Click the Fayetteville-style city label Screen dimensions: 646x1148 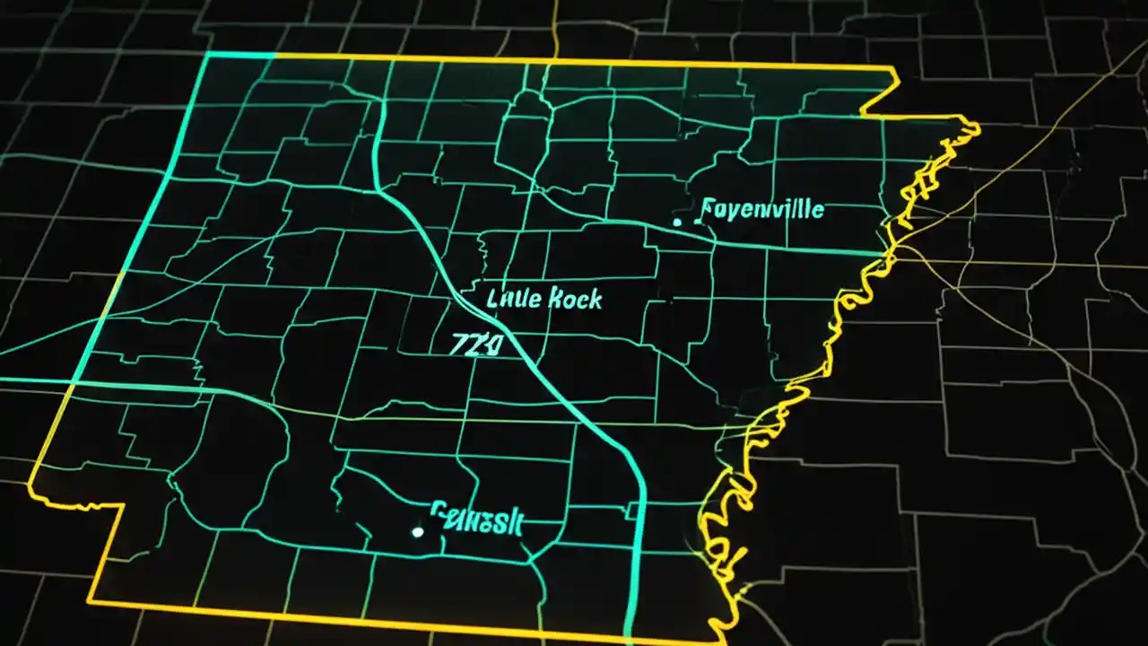click(x=761, y=211)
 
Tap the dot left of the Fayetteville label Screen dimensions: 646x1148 click(x=678, y=220)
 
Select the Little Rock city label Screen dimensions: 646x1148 click(x=544, y=299)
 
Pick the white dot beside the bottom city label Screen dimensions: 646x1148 click(x=417, y=532)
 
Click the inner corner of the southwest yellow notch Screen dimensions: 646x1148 click(x=125, y=503)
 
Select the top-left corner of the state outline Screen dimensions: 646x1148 click(x=208, y=54)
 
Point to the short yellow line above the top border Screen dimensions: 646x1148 click(x=556, y=27)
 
